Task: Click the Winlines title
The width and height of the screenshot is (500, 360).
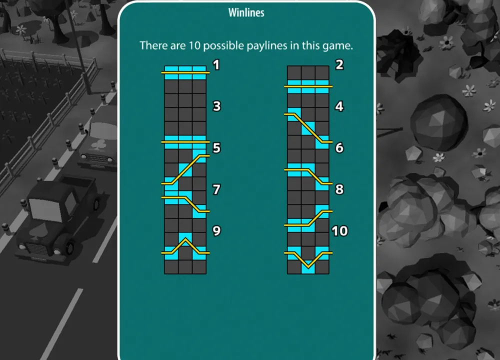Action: click(246, 12)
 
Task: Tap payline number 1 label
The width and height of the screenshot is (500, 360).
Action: click(216, 65)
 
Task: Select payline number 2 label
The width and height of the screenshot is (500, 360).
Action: click(339, 64)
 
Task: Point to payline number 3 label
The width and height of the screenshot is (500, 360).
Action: click(216, 106)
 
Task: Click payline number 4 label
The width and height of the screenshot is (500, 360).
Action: click(339, 106)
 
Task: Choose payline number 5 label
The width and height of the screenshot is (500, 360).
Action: click(216, 148)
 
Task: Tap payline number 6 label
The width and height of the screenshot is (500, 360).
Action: click(339, 147)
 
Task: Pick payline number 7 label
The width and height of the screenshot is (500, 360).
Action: click(216, 189)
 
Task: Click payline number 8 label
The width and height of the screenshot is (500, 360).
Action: click(339, 189)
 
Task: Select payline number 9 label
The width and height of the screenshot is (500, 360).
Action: click(216, 231)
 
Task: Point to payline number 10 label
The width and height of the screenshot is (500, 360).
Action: click(339, 231)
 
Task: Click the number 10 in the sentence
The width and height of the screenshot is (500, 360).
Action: click(194, 45)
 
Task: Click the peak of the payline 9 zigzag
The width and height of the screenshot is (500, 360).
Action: click(185, 238)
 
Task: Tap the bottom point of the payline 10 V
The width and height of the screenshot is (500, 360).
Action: click(308, 267)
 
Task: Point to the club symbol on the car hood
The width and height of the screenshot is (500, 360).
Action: click(99, 144)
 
